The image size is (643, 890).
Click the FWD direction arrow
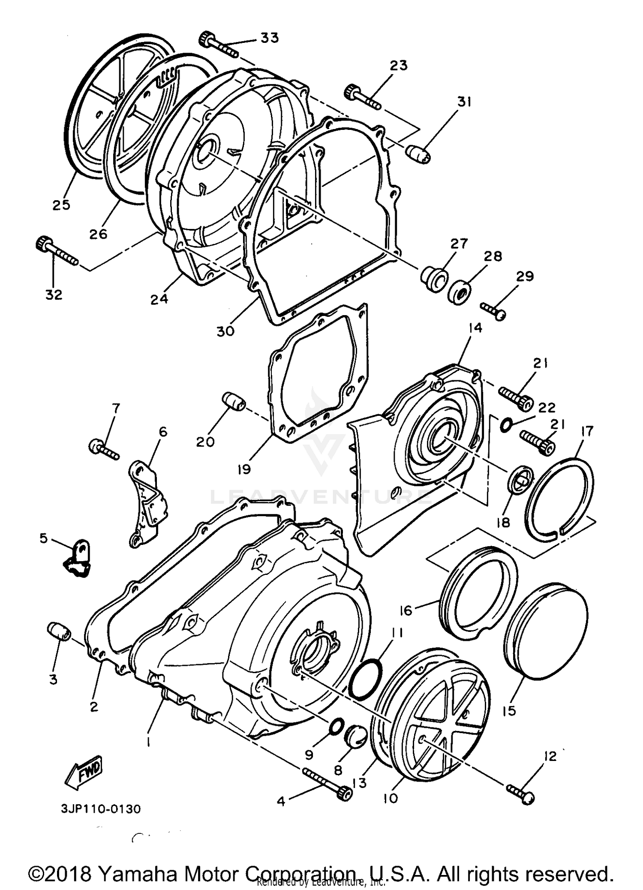83,772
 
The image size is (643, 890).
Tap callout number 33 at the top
270,38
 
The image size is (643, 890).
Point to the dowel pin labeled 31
418,153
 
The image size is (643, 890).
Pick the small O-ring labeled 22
506,425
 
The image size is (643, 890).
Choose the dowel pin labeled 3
59,631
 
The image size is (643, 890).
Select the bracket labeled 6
148,501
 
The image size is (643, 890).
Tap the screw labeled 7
103,449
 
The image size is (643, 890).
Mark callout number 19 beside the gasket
244,470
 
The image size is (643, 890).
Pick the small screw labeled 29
493,310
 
